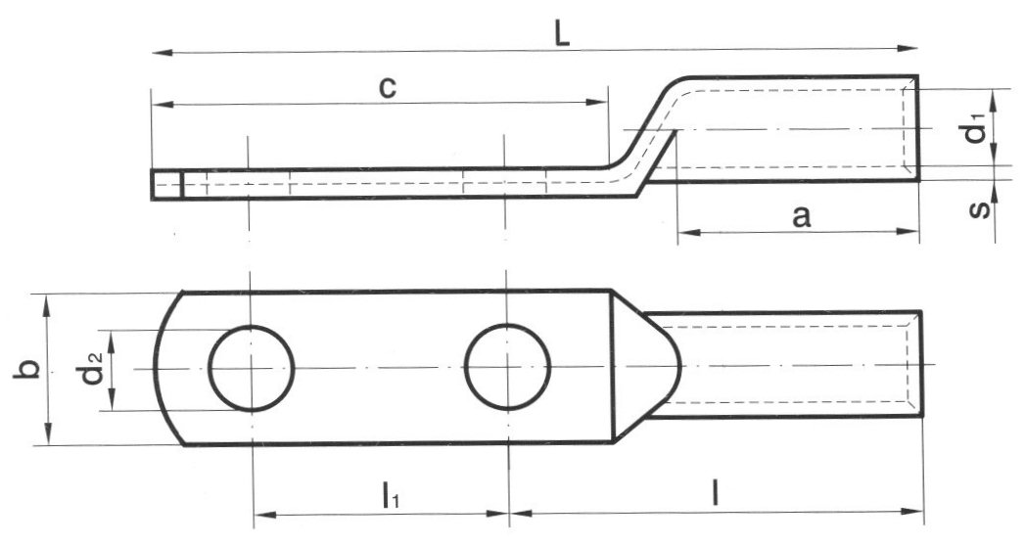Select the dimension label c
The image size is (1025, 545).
(x=389, y=86)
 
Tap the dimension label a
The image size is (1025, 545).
(x=801, y=216)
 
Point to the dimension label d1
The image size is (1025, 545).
(x=976, y=131)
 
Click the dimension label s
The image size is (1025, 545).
(x=980, y=208)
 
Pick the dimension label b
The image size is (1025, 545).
(x=29, y=370)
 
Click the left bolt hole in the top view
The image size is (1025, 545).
(x=252, y=368)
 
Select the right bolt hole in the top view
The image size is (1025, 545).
(x=507, y=368)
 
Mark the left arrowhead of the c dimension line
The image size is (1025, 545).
(x=158, y=103)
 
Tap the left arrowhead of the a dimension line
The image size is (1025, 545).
(x=684, y=233)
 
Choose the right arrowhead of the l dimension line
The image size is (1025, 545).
(x=916, y=511)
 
